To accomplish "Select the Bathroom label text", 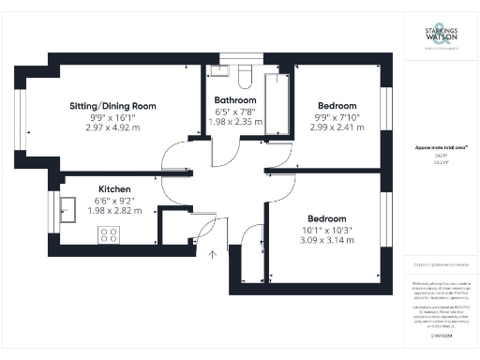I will (235, 99).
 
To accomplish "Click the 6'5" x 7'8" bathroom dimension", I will (235, 111).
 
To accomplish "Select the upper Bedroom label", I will (336, 106).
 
